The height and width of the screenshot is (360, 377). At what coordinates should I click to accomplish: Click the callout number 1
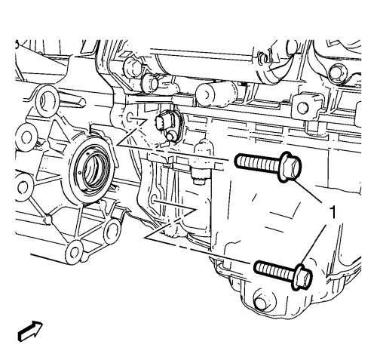click(x=333, y=212)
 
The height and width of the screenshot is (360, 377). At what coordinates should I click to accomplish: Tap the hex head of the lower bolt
click(x=303, y=276)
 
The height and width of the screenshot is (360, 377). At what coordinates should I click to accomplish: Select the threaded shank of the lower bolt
click(x=274, y=269)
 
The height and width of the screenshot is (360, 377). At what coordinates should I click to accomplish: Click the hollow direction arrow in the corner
click(x=30, y=331)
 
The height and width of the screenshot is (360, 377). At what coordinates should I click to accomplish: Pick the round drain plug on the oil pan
click(x=262, y=300)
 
